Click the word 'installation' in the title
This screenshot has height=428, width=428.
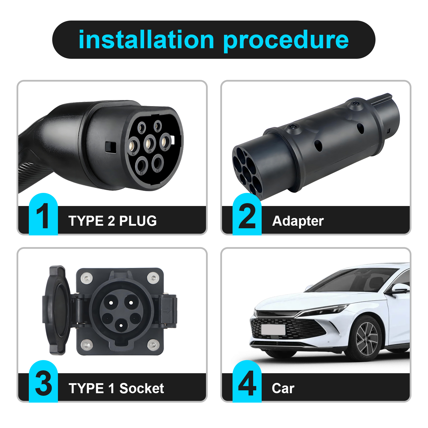pos(146,40)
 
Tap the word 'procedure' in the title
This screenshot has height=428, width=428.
pos(286,42)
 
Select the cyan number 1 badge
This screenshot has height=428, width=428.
pos(43,214)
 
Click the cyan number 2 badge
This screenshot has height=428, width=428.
pos(247,214)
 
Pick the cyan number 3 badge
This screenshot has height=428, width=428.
pos(43,381)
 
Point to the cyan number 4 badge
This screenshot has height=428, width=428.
pos(247,381)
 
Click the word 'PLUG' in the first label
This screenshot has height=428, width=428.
pos(138,221)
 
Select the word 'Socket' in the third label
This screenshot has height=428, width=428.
pos(142,388)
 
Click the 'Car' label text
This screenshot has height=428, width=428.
pos(283,389)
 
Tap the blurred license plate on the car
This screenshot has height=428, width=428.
pos(273,330)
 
